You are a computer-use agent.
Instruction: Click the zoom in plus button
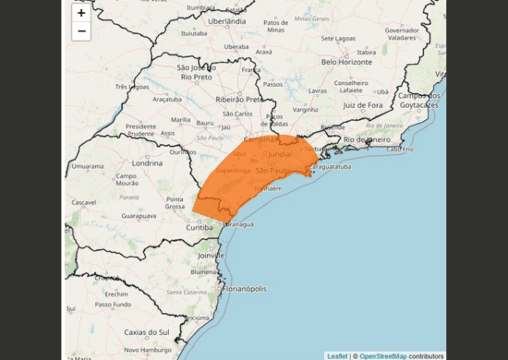81,13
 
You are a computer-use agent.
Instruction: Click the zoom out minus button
81,31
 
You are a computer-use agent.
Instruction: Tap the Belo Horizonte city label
351,62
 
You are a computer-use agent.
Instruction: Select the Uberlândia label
226,20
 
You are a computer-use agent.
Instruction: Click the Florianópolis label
242,290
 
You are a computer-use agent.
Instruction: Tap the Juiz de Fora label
362,105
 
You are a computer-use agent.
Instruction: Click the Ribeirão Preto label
239,99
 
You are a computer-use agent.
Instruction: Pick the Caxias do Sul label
150,331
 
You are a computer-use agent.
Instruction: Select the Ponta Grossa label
175,203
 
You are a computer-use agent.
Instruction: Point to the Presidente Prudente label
141,129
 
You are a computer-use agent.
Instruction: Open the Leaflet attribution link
337,355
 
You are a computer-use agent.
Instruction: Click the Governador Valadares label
403,34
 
